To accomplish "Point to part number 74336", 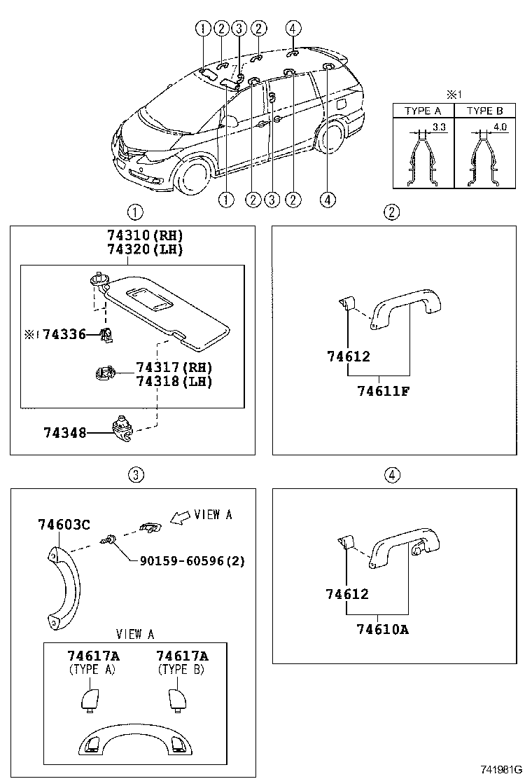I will coord(63,335).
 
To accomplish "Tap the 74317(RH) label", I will coord(174,368).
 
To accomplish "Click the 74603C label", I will coord(64,525).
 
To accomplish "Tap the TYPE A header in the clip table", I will coord(423,111).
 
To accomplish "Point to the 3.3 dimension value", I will coord(439,127).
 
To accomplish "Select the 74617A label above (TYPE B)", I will coord(182,656).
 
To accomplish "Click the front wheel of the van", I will coord(192,175).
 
